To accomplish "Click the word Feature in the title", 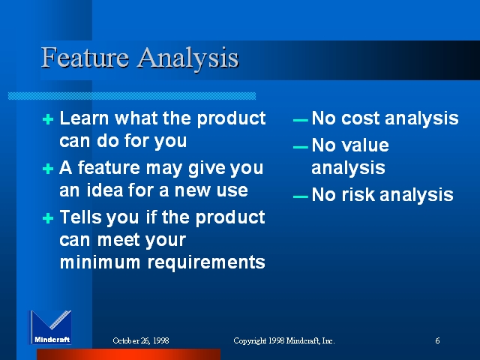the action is click(85, 57).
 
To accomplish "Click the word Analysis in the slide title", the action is click(187, 58).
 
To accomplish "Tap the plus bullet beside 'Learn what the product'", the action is click(48, 119).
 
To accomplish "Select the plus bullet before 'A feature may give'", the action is click(48, 169).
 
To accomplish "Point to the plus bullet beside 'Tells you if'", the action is click(48, 218).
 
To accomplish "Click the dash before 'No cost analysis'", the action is click(300, 120).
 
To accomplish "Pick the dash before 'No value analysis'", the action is click(300, 147).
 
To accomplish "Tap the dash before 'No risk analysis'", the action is click(300, 196).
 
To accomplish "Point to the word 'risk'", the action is click(358, 194).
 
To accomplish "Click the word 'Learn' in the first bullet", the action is click(84, 118).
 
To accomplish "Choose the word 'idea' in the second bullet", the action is click(105, 190).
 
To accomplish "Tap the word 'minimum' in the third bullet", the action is click(100, 262).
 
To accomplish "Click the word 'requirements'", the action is click(206, 262).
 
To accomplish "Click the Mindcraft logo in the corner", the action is click(50, 327).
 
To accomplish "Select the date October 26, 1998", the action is click(141, 340).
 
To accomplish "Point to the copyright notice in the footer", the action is click(284, 340).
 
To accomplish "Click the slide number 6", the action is click(437, 340).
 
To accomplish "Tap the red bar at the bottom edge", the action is click(128, 354).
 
